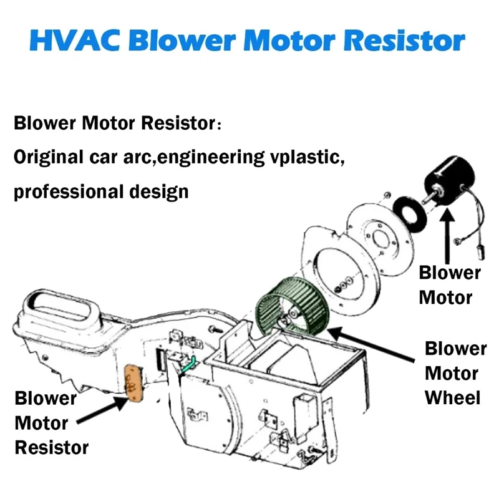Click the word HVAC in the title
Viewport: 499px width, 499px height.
tap(75, 41)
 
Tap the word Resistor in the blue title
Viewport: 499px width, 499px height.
tap(404, 41)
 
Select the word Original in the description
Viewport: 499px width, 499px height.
tap(49, 158)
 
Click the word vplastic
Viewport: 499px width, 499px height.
tap(308, 158)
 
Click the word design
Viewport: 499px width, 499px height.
tap(159, 192)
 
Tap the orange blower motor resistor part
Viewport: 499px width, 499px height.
tap(134, 382)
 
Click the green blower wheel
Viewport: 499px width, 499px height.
tap(291, 306)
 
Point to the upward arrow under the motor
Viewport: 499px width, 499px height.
tap(448, 236)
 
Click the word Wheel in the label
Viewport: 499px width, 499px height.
tap(452, 398)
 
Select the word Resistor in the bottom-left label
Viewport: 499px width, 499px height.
tap(52, 447)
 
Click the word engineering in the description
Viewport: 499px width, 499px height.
tap(211, 158)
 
